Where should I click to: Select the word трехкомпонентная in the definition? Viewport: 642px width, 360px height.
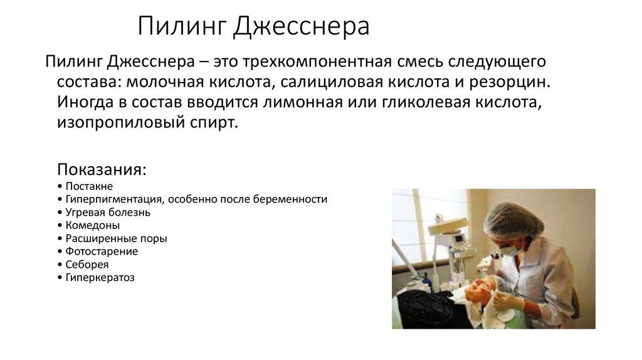pos(310,63)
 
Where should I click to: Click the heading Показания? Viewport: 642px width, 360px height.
pos(103,171)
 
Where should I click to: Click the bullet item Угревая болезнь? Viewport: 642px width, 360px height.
pos(107,212)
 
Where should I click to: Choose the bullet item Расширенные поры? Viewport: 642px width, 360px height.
pos(115,238)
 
